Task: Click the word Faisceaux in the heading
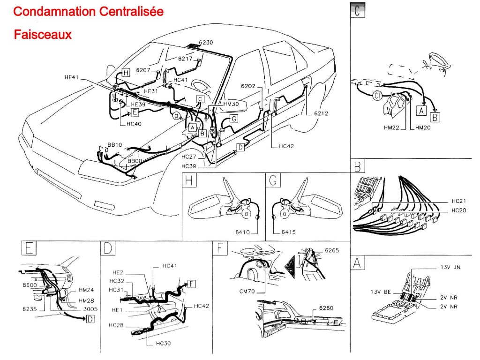coord(43,35)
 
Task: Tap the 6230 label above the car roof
coord(205,43)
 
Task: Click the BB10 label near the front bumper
coord(114,145)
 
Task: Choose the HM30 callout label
coord(231,104)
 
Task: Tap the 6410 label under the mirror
coord(249,232)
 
